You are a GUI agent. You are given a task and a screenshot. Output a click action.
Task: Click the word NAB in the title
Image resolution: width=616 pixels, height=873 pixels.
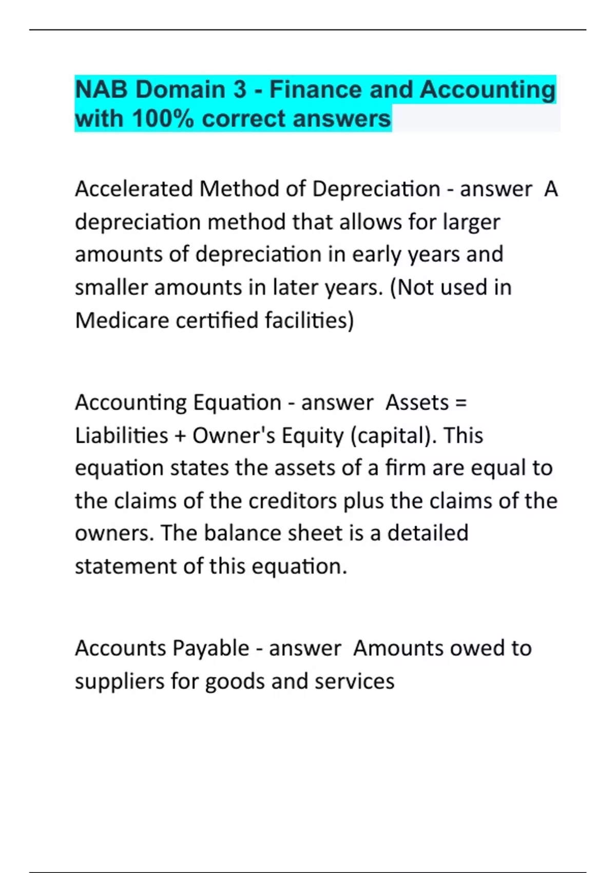coord(101,90)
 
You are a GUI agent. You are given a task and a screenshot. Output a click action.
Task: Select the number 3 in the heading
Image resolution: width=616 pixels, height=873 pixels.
coord(240,90)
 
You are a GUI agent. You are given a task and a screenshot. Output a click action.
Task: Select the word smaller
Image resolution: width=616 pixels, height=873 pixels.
coord(111,288)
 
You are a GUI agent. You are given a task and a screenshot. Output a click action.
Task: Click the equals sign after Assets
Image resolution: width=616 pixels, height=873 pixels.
coord(461,403)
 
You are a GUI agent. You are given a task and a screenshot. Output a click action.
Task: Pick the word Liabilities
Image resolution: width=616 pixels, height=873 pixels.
coord(121,435)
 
